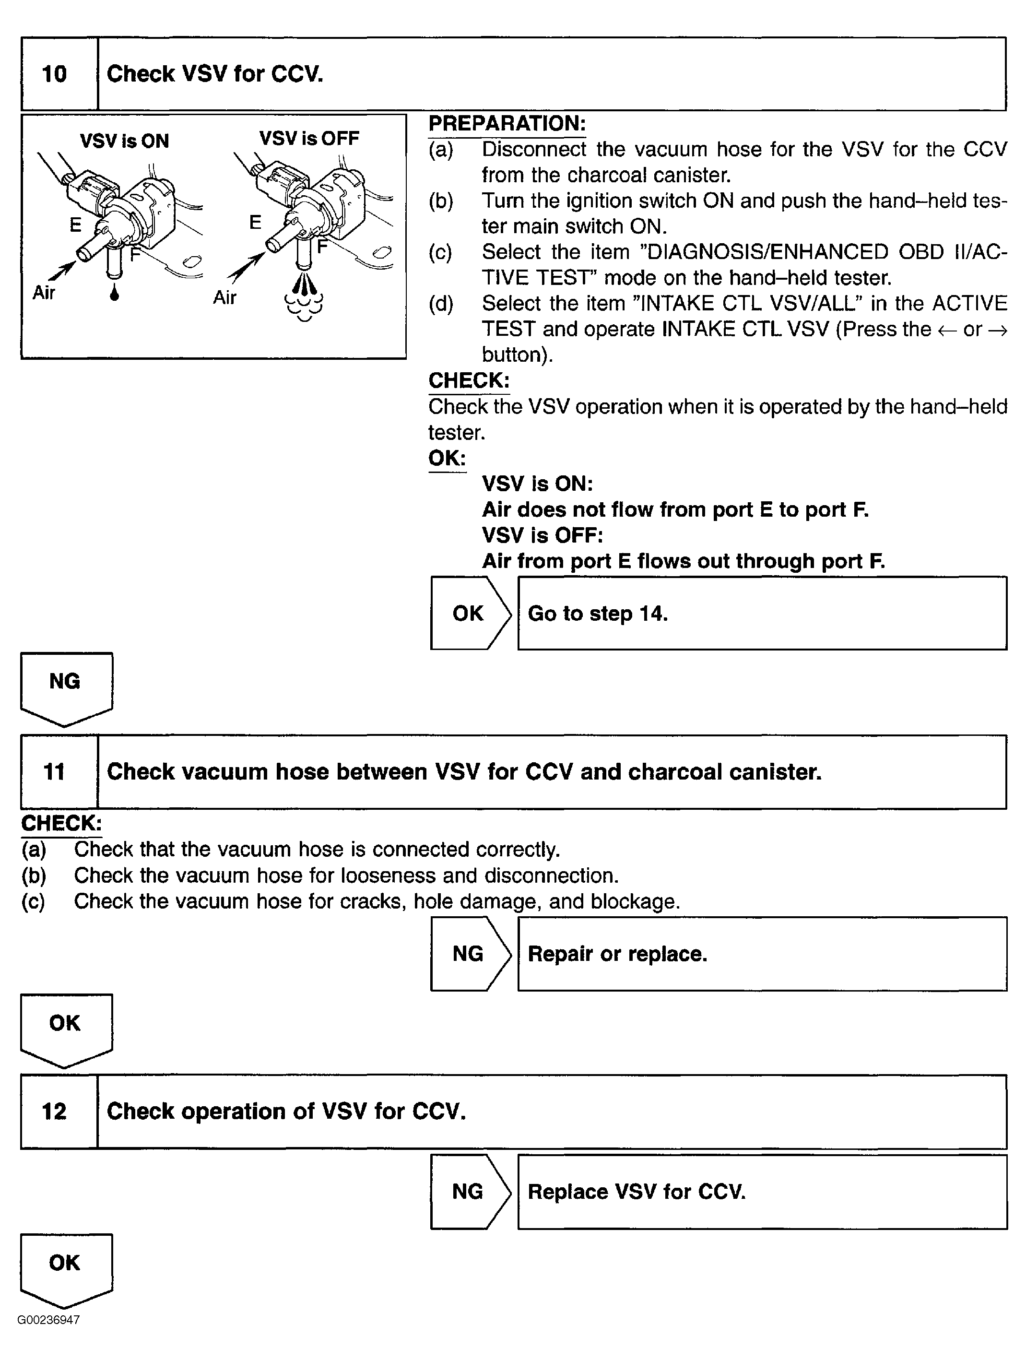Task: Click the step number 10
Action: pos(54,74)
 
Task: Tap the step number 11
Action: pos(54,771)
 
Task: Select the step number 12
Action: pos(54,1111)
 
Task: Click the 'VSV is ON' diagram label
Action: pos(124,141)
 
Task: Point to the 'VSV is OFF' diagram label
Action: pos(309,138)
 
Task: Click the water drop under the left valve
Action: pos(114,293)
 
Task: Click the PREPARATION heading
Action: pos(507,124)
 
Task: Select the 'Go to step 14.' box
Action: pos(762,613)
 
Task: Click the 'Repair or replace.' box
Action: pos(762,954)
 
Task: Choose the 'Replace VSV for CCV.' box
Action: pos(762,1192)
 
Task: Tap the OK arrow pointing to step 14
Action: pos(470,613)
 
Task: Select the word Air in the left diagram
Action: pos(44,293)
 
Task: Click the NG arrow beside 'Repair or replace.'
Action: pos(470,954)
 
